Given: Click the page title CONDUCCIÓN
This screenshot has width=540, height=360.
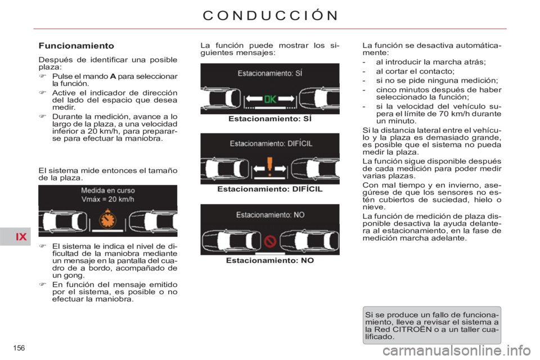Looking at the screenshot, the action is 271,15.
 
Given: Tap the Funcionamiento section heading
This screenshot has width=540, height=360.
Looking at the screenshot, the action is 76,46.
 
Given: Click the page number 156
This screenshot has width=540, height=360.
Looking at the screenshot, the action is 19,348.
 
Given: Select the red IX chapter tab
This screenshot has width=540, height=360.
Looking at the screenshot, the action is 21,237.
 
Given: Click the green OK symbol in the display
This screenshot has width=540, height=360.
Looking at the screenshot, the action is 270,100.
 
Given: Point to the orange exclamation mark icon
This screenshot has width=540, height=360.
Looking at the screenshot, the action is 269,166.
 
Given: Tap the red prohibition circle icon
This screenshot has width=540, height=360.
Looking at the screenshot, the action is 269,241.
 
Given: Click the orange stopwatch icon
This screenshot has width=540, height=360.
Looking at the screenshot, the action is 108,218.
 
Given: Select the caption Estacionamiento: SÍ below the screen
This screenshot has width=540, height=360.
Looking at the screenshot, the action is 270,119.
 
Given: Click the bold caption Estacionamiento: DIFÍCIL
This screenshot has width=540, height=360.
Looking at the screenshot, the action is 270,189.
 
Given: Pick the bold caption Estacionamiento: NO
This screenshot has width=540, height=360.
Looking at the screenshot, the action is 270,260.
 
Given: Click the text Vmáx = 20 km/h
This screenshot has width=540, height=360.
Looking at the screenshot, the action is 108,199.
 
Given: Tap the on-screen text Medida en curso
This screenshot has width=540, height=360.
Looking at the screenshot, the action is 108,190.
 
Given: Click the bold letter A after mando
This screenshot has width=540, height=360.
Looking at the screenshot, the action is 113,76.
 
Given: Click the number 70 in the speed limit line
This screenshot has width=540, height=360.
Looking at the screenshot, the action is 444,114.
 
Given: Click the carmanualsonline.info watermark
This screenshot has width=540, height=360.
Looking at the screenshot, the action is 456,352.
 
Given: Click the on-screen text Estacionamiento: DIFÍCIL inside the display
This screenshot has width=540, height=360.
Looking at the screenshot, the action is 271,143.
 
